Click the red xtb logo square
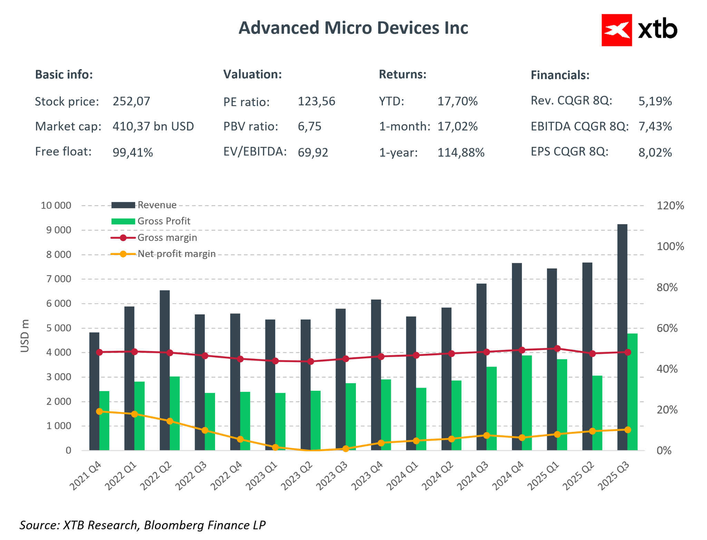pyautogui.click(x=616, y=30)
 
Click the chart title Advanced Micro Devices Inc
pyautogui.click(x=353, y=28)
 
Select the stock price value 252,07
pyautogui.click(x=131, y=101)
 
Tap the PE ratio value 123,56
pyautogui.click(x=316, y=101)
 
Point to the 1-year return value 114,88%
pyautogui.click(x=461, y=152)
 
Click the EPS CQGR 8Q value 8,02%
pyautogui.click(x=655, y=152)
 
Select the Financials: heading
pyautogui.click(x=560, y=75)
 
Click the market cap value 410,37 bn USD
pyautogui.click(x=153, y=126)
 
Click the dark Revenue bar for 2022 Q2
pyautogui.click(x=165, y=370)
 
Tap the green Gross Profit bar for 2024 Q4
pyautogui.click(x=527, y=402)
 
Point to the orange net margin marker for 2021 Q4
pyautogui.click(x=99, y=411)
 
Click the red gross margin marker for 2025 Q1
pyautogui.click(x=557, y=349)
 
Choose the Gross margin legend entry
pyautogui.click(x=167, y=238)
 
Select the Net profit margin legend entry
pyautogui.click(x=176, y=254)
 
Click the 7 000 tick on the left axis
pyautogui.click(x=58, y=279)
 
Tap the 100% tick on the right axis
pyautogui.click(x=670, y=246)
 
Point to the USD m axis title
pyautogui.click(x=25, y=336)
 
